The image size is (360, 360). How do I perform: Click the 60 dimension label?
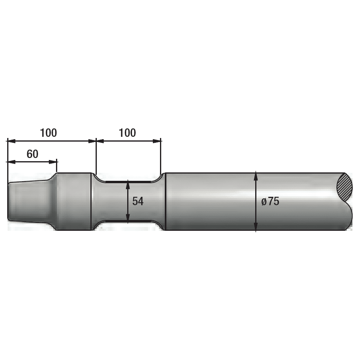pyautogui.click(x=32, y=154)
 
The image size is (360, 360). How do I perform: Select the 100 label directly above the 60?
pyautogui.click(x=48, y=133)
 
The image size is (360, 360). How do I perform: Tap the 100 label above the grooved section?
pyautogui.click(x=127, y=133)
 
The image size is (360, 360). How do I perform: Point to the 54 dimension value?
pyautogui.click(x=138, y=201)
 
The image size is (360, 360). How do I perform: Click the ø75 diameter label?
pyautogui.click(x=270, y=201)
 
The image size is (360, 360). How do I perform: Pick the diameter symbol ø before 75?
pyautogui.click(x=264, y=202)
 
